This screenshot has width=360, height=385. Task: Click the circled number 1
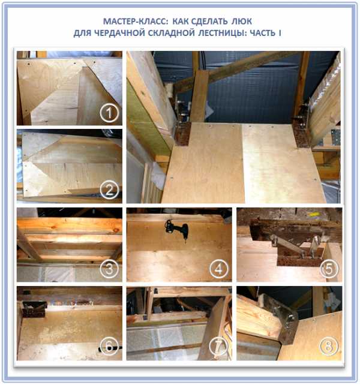[109, 113]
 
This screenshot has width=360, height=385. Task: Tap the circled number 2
[109, 190]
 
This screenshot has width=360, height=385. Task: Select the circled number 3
[109, 269]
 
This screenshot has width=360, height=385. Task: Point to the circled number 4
[219, 269]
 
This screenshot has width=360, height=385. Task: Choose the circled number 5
[329, 269]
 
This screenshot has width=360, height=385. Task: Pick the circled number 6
[109, 346]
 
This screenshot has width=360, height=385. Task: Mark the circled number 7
[219, 346]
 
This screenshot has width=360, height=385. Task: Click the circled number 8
[329, 346]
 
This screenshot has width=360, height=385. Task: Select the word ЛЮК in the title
[242, 22]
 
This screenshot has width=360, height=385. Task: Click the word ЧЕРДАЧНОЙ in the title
[119, 33]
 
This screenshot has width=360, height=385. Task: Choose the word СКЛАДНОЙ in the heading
[171, 33]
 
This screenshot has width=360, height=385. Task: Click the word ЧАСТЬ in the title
[263, 33]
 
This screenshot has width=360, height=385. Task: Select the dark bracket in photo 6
[34, 309]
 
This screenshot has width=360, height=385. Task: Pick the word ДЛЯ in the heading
[82, 33]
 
